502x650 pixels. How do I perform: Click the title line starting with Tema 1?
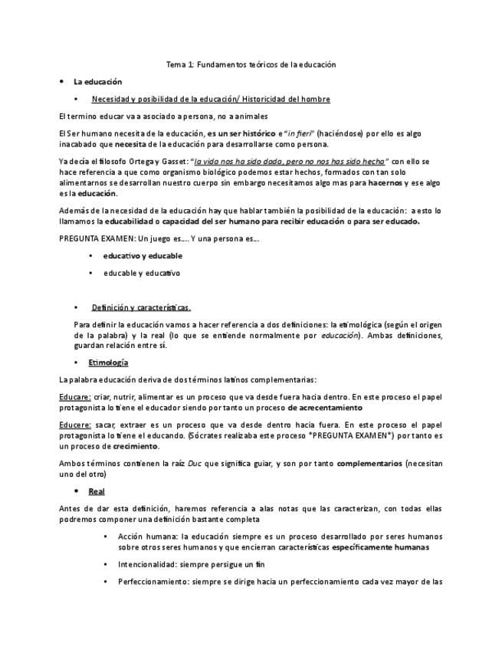click(251, 65)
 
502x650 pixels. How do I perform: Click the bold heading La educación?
click(97, 81)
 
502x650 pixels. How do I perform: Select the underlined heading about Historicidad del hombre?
click(211, 99)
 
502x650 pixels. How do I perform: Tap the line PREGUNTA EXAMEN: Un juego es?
click(159, 239)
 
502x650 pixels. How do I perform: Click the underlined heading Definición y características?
click(142, 307)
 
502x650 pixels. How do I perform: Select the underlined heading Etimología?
click(108, 362)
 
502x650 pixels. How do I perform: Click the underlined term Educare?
click(75, 397)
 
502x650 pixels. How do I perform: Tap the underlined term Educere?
click(75, 425)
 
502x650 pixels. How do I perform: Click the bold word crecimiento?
click(134, 446)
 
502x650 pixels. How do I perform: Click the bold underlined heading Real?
click(97, 491)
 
